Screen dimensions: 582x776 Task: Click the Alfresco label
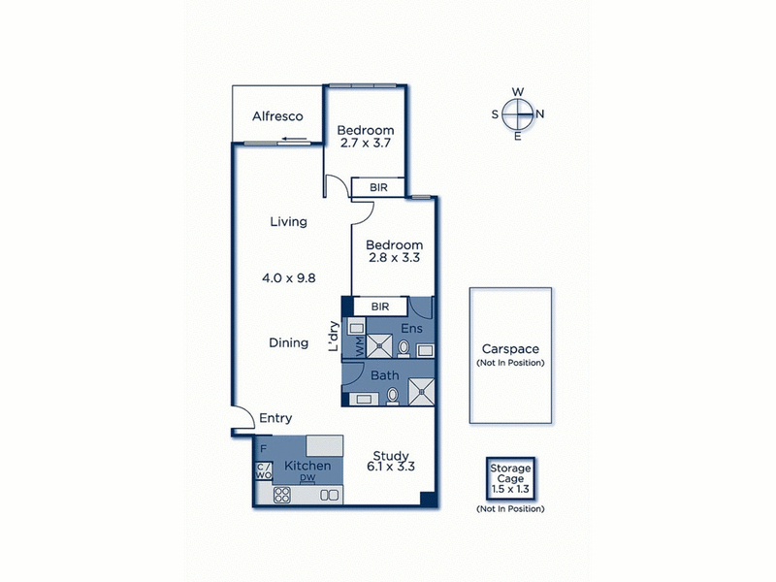277,116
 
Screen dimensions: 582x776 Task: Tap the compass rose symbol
518,113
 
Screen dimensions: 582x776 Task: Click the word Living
288,222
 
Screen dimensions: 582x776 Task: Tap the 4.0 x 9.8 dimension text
288,277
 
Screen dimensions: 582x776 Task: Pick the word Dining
288,342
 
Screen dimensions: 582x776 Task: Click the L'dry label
333,336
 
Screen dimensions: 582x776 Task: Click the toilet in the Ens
404,347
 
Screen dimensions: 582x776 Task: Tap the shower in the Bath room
420,390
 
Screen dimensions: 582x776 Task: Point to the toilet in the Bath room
392,395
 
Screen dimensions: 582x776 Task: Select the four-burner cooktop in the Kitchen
283,495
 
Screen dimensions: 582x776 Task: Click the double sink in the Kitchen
329,495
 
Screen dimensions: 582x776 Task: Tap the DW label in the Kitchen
307,479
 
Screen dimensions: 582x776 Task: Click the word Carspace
510,349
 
